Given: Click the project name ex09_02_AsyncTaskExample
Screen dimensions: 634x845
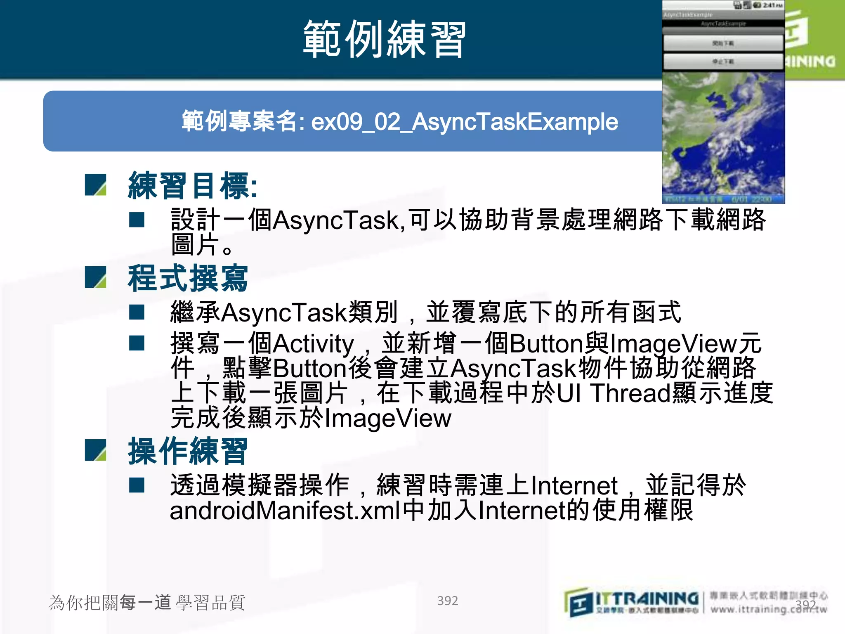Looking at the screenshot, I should point(464,122).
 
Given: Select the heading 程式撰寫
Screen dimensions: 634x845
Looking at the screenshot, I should point(188,279).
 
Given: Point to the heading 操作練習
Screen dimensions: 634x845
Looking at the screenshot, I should point(188,451).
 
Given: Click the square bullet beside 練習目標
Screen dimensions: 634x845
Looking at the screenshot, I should point(95,185).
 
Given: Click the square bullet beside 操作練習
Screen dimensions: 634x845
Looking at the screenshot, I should point(95,450).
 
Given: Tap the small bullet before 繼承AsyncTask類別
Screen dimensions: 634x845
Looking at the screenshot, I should point(137,312).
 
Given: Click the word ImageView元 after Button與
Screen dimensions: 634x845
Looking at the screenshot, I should point(685,343).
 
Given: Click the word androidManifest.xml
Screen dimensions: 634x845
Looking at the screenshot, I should point(285,511).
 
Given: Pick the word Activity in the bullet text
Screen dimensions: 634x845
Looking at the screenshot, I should point(314,343).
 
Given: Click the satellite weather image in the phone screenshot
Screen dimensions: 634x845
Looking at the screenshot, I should point(723,136).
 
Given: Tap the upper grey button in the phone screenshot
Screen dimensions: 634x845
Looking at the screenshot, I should point(723,43).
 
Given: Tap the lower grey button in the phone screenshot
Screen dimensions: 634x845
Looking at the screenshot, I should point(723,62).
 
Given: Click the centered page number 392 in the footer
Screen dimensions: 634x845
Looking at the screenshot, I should point(447,601).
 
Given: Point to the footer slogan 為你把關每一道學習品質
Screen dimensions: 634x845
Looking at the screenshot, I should point(147,603).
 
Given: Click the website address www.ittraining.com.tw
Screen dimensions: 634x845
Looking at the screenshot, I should point(768,609).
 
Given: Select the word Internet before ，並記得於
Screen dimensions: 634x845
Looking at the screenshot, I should point(574,486).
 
